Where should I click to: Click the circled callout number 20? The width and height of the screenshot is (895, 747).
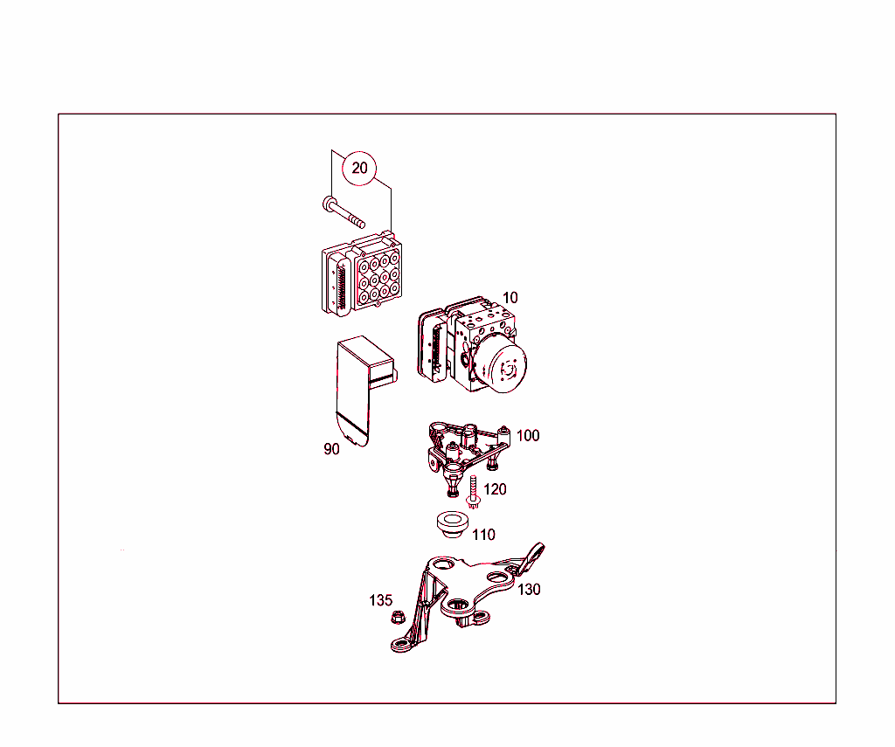click(x=360, y=168)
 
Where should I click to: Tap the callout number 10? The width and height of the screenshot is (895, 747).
click(x=510, y=298)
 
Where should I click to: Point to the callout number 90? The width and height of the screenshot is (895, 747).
click(x=331, y=449)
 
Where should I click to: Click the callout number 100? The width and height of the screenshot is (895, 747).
click(x=528, y=435)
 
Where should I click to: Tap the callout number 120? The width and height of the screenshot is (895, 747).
click(x=495, y=489)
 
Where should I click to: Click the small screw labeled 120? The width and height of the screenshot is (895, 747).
click(x=474, y=495)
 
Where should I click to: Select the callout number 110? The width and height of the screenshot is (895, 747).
click(x=483, y=535)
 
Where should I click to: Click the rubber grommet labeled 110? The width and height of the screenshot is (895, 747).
click(x=450, y=525)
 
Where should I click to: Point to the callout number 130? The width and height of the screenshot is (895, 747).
click(x=529, y=590)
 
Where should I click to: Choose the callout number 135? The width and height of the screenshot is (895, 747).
click(x=380, y=600)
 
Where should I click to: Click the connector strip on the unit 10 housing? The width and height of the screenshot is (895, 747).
click(x=429, y=344)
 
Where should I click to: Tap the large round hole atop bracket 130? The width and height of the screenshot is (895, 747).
click(x=442, y=565)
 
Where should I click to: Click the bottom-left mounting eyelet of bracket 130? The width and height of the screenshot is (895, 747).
click(x=402, y=646)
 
